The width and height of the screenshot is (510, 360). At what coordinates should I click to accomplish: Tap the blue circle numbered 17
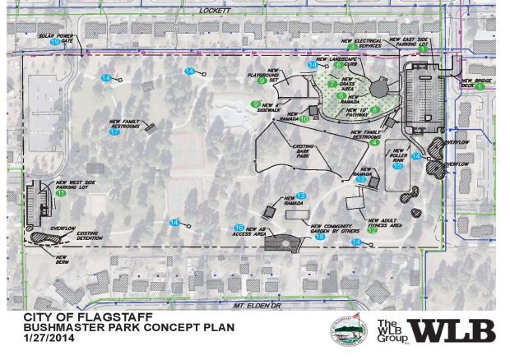114,132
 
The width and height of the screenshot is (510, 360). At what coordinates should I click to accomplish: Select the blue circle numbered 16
239,227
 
